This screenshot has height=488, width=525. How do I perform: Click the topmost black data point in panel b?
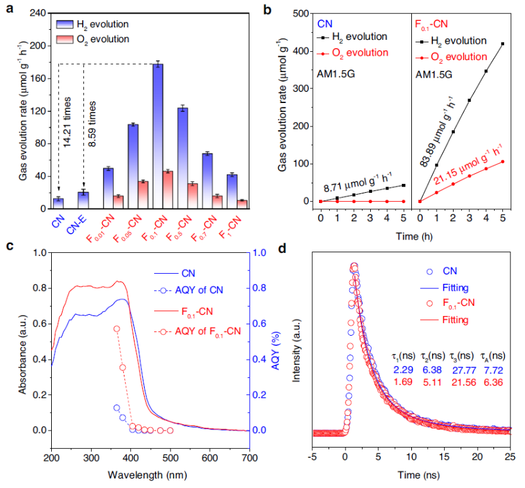pos(502,44)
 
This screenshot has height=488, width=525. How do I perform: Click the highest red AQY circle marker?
pos(116,329)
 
